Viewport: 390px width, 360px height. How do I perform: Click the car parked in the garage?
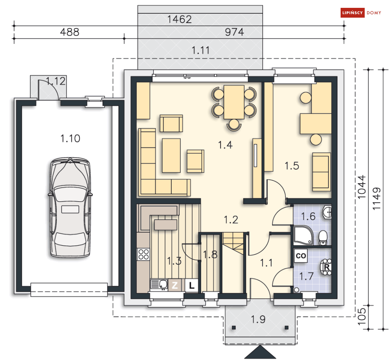pyautogui.click(x=70, y=207)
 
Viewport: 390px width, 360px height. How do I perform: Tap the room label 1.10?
pyautogui.click(x=71, y=138)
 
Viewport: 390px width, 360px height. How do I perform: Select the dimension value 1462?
pyautogui.click(x=180, y=19)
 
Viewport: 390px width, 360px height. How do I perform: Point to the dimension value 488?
pyautogui.click(x=70, y=32)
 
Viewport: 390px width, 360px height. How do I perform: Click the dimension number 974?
pyautogui.click(x=234, y=32)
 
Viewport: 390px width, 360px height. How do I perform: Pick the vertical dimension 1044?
pyautogui.click(x=362, y=187)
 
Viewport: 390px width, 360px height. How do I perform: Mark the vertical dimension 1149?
pyautogui.click(x=377, y=199)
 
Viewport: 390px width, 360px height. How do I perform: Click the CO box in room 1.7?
pyautogui.click(x=301, y=256)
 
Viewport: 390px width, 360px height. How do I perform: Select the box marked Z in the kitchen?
pyautogui.click(x=175, y=285)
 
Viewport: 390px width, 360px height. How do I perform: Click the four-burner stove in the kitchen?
pyautogui.click(x=143, y=255)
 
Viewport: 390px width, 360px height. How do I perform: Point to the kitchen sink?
pyautogui.click(x=159, y=285)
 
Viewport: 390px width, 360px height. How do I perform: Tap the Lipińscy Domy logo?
pyautogui.click(x=361, y=13)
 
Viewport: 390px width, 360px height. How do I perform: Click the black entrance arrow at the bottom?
pyautogui.click(x=260, y=352)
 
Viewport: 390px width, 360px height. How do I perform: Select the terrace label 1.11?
pyautogui.click(x=200, y=51)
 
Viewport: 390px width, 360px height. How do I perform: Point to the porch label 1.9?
pyautogui.click(x=258, y=319)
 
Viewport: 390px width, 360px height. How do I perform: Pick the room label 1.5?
pyautogui.click(x=292, y=166)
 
